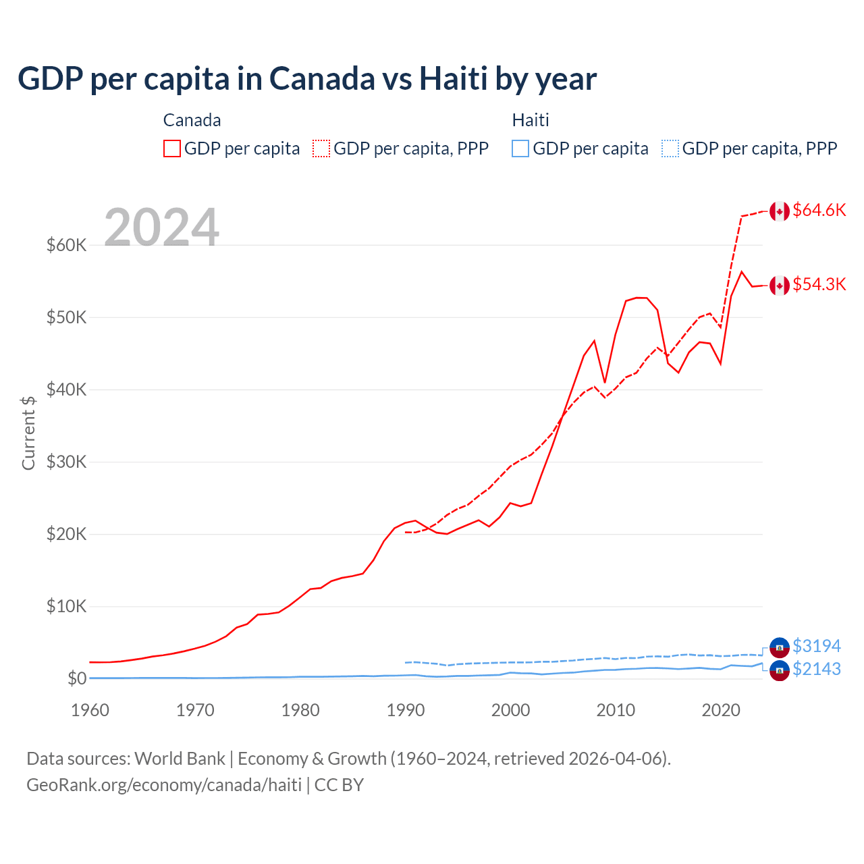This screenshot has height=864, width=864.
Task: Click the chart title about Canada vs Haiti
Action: click(307, 78)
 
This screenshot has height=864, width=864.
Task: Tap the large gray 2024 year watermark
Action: click(161, 227)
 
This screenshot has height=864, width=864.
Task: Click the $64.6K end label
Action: click(819, 210)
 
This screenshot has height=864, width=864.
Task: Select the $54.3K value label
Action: click(819, 284)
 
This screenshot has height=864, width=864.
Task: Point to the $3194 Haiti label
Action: click(816, 646)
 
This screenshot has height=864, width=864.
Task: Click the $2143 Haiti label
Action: click(816, 669)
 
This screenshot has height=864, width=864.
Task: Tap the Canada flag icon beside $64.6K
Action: click(780, 211)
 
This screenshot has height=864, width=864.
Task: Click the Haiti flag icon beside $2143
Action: click(780, 670)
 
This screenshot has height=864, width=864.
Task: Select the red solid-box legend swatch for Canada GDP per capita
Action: click(172, 148)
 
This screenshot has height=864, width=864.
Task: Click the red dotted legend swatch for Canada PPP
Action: click(321, 148)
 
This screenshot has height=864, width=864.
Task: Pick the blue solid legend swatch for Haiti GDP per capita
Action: click(520, 148)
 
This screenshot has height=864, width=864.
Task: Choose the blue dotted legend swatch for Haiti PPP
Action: click(670, 148)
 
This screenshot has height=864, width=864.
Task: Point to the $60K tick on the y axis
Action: click(66, 245)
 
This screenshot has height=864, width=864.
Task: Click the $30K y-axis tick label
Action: click(66, 462)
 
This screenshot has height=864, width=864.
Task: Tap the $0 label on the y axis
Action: click(77, 678)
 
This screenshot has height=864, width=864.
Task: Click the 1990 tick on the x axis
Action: click(406, 710)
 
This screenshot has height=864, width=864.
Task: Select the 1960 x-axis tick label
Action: click(90, 710)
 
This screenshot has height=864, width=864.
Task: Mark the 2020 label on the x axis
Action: click(721, 710)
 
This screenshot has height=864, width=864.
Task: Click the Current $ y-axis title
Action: click(28, 433)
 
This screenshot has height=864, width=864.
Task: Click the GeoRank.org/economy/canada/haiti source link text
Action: click(164, 785)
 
